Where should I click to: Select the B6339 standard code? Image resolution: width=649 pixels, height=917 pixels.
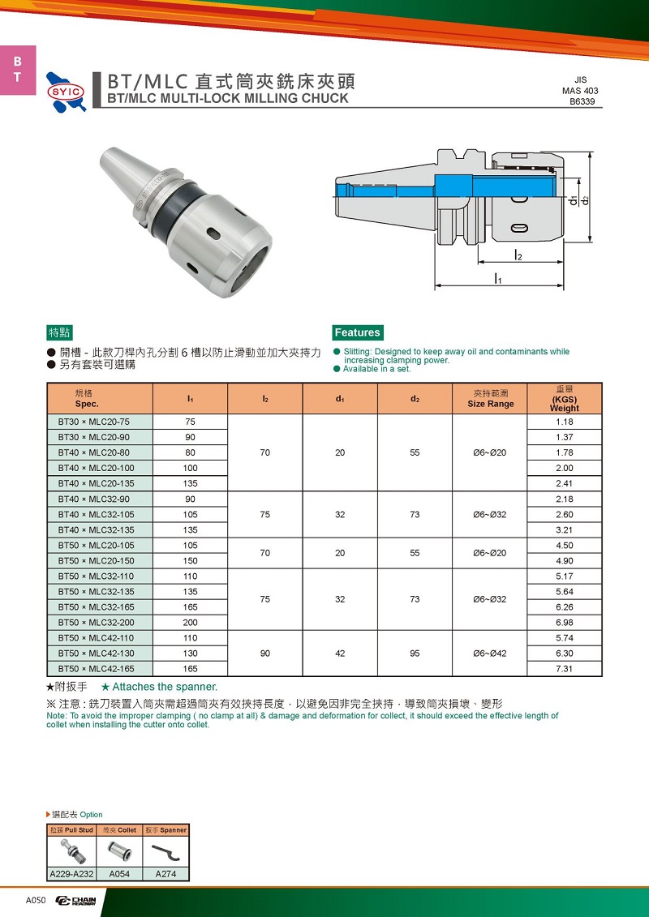pos(586,102)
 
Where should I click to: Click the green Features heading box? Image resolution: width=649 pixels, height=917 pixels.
pos(357,332)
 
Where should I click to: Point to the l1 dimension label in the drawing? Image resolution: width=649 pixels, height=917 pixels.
pos(498,279)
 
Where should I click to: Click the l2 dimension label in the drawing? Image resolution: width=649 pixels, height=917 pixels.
pos(518,255)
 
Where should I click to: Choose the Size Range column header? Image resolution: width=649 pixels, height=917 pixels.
pos(490,399)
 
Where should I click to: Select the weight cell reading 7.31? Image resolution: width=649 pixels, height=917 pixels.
pos(564,669)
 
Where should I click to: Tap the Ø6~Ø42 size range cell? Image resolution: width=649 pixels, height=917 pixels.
pos(490,653)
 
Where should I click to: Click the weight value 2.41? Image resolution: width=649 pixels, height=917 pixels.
pos(564,483)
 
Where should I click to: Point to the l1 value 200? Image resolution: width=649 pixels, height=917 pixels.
pos(190,623)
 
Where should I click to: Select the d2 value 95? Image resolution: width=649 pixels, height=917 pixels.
pos(415,653)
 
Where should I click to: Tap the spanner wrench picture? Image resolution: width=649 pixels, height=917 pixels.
pos(165,851)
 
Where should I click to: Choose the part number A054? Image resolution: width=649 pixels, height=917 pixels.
pos(118,874)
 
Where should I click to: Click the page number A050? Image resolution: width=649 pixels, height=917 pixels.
pos(37,901)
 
